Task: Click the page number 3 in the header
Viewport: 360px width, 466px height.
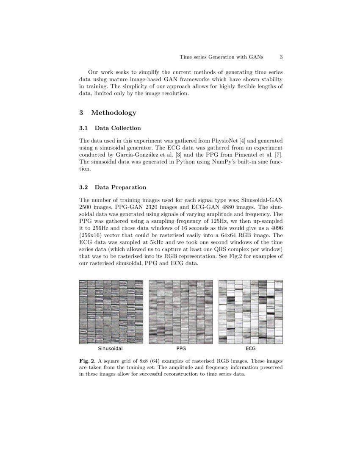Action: click(x=281, y=57)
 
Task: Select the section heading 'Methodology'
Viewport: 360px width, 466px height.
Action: click(x=114, y=113)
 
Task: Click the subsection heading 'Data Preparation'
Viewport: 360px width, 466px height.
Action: click(x=120, y=187)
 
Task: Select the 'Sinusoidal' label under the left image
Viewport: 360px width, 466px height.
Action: click(x=111, y=349)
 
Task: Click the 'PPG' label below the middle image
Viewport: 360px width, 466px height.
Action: click(x=181, y=349)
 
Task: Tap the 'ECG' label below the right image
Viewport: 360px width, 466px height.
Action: click(x=250, y=349)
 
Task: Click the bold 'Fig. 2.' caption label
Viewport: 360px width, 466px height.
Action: click(x=88, y=361)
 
